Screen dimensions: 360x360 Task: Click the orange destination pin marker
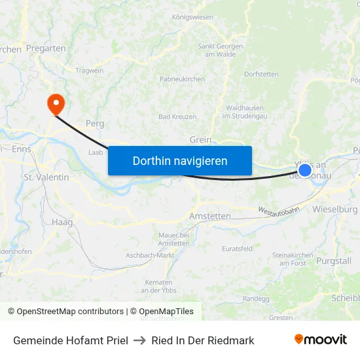56,102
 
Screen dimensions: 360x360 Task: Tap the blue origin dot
305,170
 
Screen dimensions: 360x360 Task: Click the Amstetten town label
209,216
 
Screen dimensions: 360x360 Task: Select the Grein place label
200,139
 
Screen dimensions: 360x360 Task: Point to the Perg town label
95,123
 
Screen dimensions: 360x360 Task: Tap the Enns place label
21,150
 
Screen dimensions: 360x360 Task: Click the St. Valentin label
46,177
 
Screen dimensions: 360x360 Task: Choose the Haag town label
62,223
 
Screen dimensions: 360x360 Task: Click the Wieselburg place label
335,209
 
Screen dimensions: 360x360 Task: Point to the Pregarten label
45,48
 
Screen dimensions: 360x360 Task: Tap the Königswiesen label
192,17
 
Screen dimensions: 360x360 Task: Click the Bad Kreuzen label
177,117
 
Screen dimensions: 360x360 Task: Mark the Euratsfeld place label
237,249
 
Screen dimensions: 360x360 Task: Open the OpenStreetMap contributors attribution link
65,312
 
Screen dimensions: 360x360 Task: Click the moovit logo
321,340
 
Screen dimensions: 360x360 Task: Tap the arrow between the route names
139,340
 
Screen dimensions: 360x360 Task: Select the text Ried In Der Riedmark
203,340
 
